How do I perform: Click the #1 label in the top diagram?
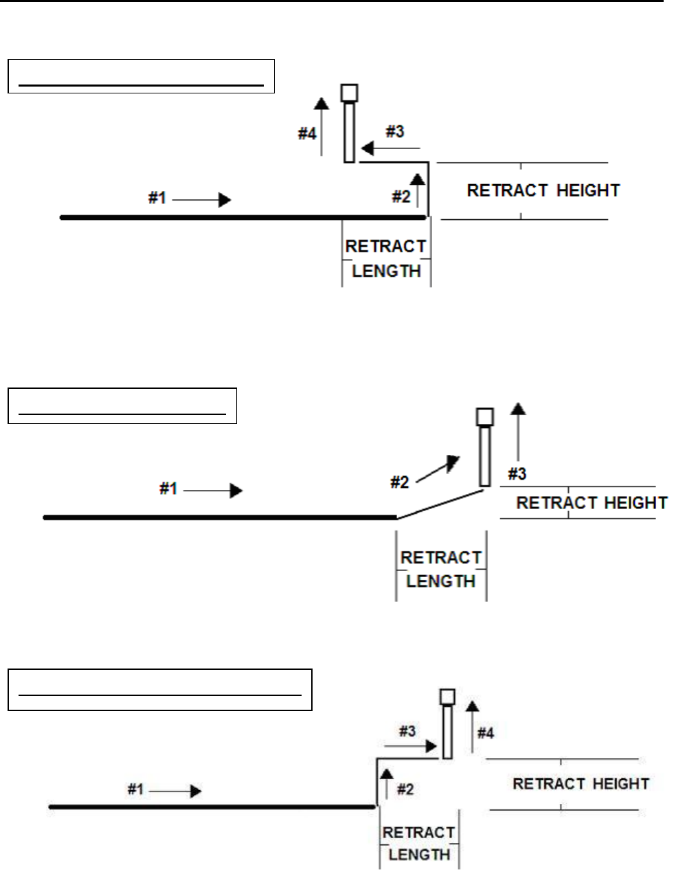point(157,199)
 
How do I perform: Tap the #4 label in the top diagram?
point(306,133)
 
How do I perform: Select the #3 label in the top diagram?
point(394,131)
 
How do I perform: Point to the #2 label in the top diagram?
point(401,197)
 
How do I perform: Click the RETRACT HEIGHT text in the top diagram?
point(543,190)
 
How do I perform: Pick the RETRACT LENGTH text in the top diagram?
point(386,258)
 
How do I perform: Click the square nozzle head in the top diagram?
point(350,93)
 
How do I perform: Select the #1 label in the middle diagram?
point(168,489)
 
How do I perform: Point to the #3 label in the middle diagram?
point(517,473)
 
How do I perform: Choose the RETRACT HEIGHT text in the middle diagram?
point(592,503)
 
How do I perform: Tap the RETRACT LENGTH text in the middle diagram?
point(441,570)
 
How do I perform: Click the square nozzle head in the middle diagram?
point(485,417)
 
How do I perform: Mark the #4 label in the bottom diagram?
point(485,734)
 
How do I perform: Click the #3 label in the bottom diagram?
point(407,731)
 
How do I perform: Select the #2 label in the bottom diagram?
point(405,789)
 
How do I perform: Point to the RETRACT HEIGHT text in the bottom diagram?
point(581,784)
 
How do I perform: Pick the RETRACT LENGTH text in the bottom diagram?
point(419,844)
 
